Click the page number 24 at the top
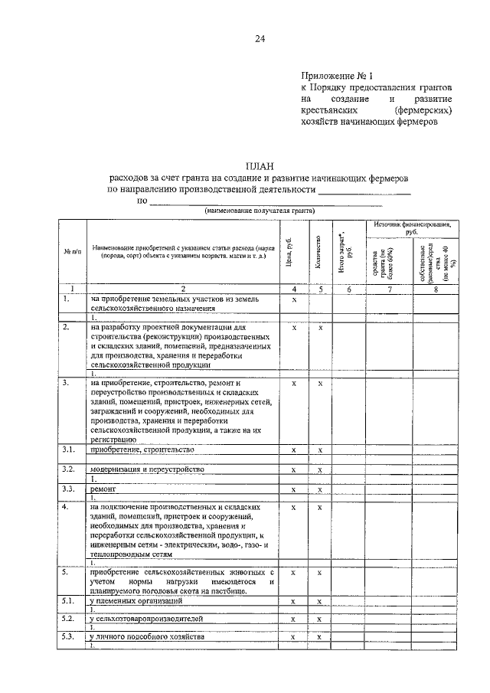[x=260, y=41]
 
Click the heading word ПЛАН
[x=260, y=165]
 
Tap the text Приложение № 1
[x=337, y=77]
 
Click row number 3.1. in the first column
[x=70, y=449]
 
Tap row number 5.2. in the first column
[x=70, y=617]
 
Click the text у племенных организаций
[x=134, y=601]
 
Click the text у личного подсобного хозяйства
[x=147, y=636]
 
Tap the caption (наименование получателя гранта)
[x=260, y=211]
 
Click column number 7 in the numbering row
[x=390, y=289]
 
